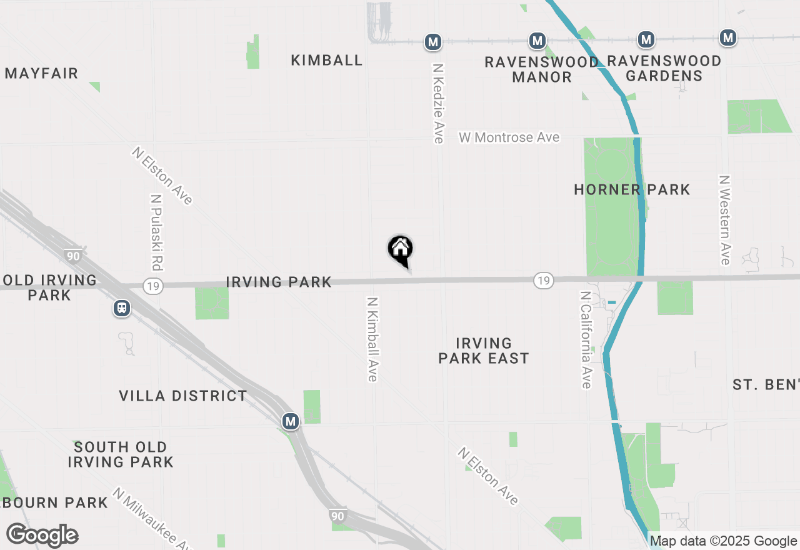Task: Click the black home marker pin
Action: click(401, 250)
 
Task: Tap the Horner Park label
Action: click(632, 189)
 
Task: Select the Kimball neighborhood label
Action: click(327, 60)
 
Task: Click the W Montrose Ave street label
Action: click(509, 137)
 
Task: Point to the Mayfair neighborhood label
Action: click(41, 74)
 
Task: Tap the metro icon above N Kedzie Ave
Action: click(432, 42)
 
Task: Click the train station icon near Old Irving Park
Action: click(122, 307)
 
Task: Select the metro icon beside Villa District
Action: click(290, 421)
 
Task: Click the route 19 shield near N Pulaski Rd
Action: click(152, 286)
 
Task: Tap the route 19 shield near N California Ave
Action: click(544, 281)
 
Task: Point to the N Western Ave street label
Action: click(725, 220)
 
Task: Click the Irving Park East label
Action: click(484, 351)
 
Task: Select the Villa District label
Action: click(183, 396)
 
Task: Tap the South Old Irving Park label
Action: click(121, 454)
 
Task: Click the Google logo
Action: click(42, 535)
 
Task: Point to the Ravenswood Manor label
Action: click(541, 69)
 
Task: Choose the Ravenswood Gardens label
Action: click(664, 69)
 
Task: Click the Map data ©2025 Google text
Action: click(723, 541)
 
